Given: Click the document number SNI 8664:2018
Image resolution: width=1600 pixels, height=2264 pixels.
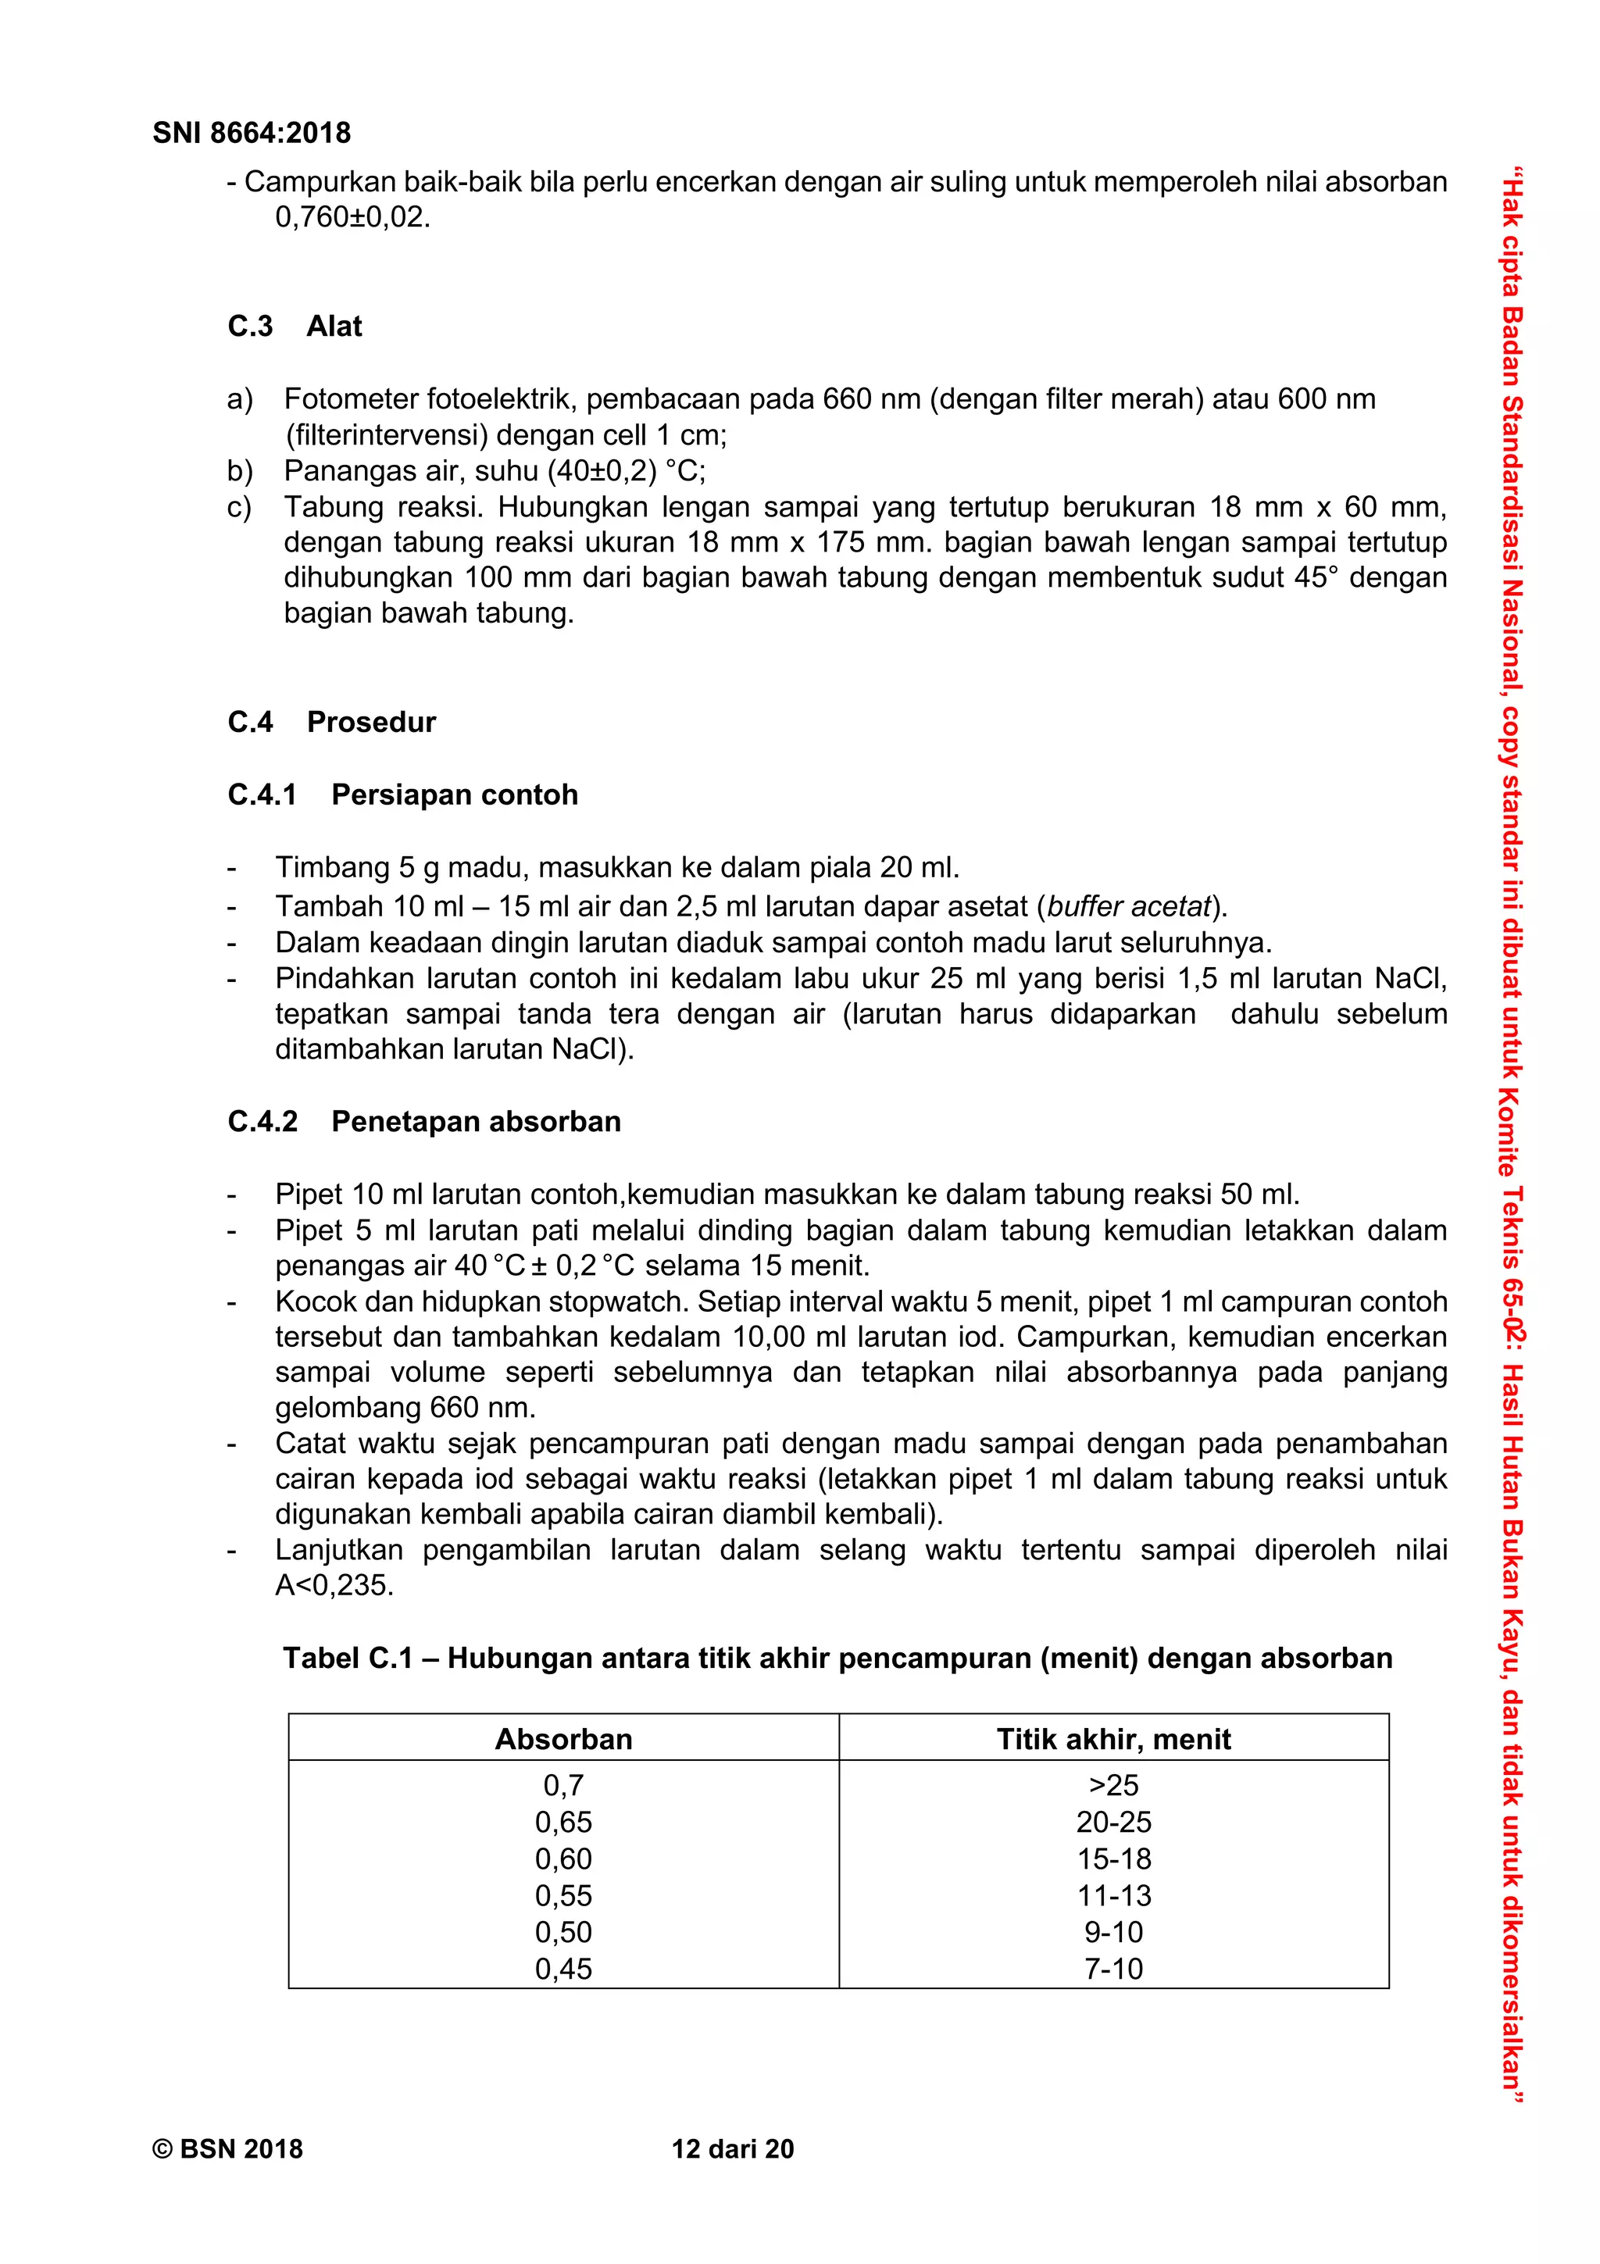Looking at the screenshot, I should (x=252, y=133).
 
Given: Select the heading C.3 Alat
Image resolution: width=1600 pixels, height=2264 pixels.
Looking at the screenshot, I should (x=295, y=327).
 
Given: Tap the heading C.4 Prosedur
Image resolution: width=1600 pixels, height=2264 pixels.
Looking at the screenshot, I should (x=331, y=722).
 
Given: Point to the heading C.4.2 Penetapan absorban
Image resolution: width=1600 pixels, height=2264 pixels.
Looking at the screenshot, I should (x=424, y=1121).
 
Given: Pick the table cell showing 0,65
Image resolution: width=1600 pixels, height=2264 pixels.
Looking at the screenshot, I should (x=563, y=1823).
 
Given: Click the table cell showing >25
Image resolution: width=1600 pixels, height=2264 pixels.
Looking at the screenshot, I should (x=1113, y=1786).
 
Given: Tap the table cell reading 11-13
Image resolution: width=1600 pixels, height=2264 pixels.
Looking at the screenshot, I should (x=1113, y=1895).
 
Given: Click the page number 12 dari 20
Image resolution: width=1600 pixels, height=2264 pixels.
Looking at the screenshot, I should (x=733, y=2150).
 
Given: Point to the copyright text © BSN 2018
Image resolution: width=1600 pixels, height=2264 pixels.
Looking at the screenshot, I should (x=227, y=2150).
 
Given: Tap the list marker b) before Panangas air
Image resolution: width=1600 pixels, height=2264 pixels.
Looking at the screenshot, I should (x=240, y=471).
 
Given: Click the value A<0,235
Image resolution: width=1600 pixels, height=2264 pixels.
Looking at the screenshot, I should (x=334, y=1586).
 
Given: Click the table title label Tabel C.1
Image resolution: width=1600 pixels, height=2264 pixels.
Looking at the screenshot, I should (x=347, y=1659).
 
